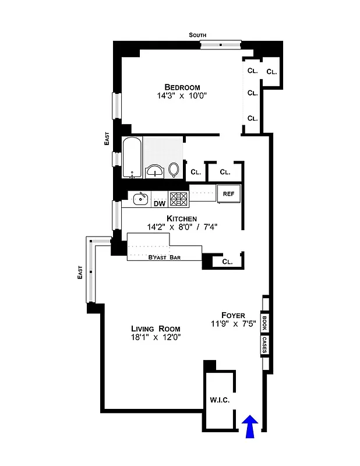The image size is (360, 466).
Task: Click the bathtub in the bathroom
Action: pyautogui.click(x=132, y=157)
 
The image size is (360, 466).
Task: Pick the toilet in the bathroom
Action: pyautogui.click(x=174, y=169)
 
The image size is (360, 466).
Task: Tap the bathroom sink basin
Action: pyautogui.click(x=154, y=170)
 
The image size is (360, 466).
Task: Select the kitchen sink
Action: pyautogui.click(x=140, y=199)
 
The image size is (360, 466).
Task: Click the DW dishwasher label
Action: pyautogui.click(x=160, y=203)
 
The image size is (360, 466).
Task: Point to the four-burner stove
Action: pyautogui.click(x=179, y=200)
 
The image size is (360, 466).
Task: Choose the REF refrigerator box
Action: pyautogui.click(x=225, y=193)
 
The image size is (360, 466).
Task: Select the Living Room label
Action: pyautogui.click(x=156, y=328)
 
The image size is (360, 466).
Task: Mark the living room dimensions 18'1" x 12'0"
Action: pyautogui.click(x=156, y=337)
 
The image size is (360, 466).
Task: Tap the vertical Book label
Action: pyautogui.click(x=264, y=322)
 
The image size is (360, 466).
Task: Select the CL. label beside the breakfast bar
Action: pyautogui.click(x=227, y=262)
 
